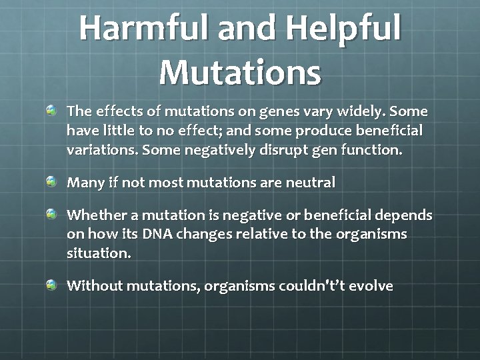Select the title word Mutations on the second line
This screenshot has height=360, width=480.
point(240,72)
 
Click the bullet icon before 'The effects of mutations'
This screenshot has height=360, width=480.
point(52,109)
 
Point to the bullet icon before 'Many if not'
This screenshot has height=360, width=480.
point(52,181)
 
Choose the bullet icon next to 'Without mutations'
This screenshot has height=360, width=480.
point(52,285)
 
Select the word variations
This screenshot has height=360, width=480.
point(101,150)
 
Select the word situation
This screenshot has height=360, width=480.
point(99,254)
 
